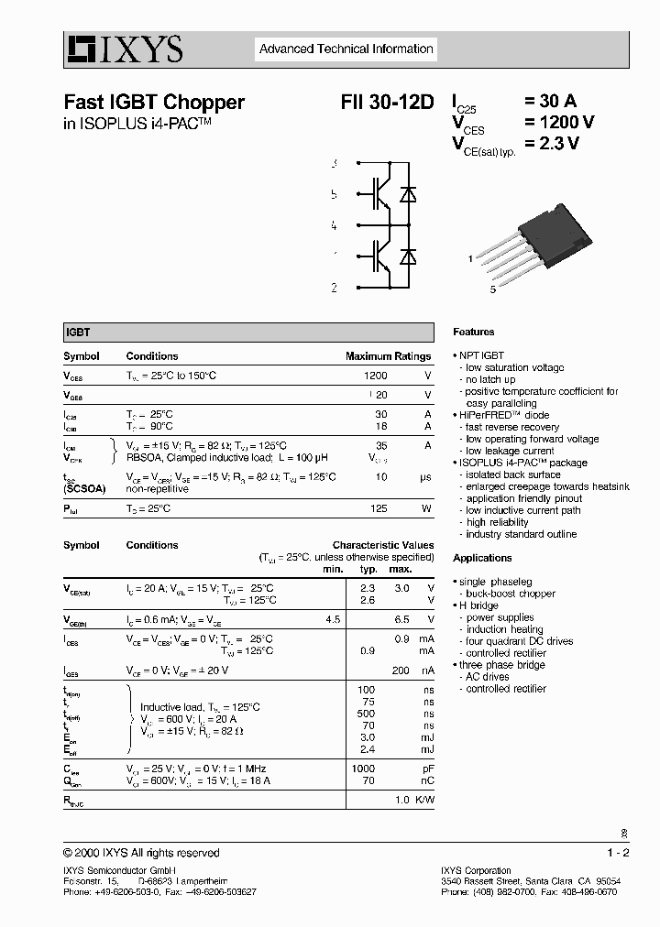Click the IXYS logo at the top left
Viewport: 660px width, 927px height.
pos(124,49)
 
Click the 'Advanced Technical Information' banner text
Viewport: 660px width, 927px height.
pos(346,49)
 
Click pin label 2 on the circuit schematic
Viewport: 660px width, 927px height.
pos(334,288)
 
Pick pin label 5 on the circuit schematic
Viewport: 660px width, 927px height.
pos(334,194)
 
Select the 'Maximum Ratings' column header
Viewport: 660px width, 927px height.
pos(388,356)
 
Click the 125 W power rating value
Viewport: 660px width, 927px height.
pos(379,508)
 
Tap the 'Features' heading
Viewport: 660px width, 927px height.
pos(473,332)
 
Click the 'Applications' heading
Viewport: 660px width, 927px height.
pos(482,558)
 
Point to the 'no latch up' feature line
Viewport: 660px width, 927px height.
pos(490,379)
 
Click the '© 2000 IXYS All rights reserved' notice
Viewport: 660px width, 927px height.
pos(141,853)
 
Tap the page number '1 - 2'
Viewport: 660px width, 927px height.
pos(618,853)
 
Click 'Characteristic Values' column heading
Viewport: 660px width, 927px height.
pos(383,545)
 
